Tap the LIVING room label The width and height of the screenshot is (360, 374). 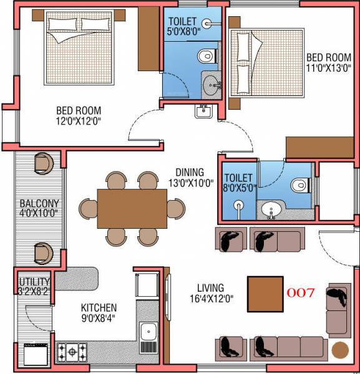click(210, 288)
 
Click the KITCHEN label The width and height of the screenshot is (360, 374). click(99, 308)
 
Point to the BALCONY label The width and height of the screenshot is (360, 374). click(39, 203)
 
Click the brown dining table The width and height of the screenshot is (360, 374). click(131, 208)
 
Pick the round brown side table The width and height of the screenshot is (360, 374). click(340, 350)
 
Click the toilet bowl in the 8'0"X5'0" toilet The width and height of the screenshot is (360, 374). click(300, 185)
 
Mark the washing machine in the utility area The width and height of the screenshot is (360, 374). click(32, 355)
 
